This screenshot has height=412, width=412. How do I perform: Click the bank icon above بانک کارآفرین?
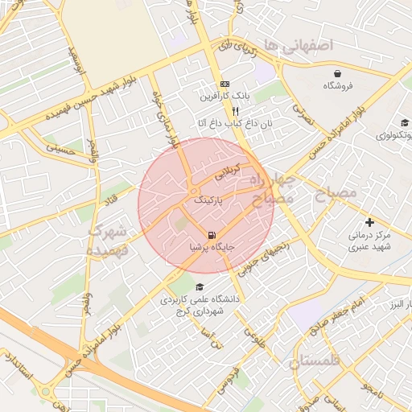pyautogui.click(x=225, y=84)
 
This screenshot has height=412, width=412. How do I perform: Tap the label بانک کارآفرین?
pyautogui.click(x=226, y=96)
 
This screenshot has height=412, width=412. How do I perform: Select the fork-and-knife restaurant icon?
pyautogui.click(x=236, y=111)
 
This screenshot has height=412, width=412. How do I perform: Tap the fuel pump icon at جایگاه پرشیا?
pyautogui.click(x=211, y=235)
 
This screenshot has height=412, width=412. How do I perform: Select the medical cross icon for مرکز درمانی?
pyautogui.click(x=369, y=222)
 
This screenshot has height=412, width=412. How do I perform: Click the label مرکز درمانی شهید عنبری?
pyautogui.click(x=369, y=241)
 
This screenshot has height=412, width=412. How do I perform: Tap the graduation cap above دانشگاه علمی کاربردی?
pyautogui.click(x=200, y=287)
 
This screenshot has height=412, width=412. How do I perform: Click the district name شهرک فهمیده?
pyautogui.click(x=107, y=241)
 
